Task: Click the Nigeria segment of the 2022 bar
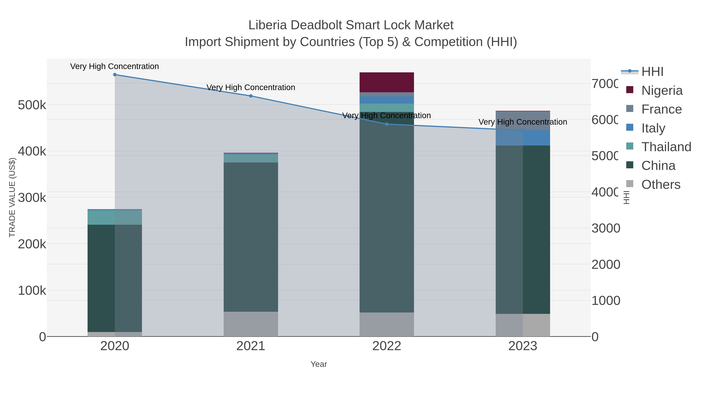coord(386,82)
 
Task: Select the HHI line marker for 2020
coord(115,75)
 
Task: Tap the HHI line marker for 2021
coord(251,96)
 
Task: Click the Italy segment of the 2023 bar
coord(523,138)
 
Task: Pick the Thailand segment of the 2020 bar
coord(115,217)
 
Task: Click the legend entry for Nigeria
coord(662,91)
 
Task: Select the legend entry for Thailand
coord(666,147)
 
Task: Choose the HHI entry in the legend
coord(652,72)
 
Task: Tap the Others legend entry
coord(661,185)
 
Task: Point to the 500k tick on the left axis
coord(32,105)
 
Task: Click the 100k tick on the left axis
coord(32,291)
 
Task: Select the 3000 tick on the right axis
coord(605,228)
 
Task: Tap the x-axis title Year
coord(319,364)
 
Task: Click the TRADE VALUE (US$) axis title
coord(12,197)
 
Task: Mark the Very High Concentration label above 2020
coord(114,66)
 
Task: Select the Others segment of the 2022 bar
coord(386,324)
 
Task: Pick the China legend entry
coord(658,166)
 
